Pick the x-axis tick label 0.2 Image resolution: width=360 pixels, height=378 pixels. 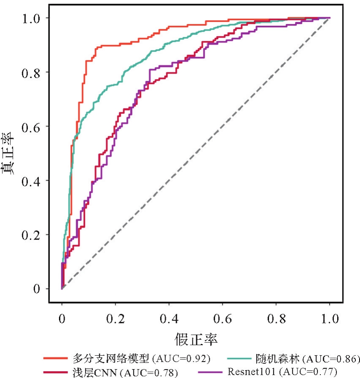(115, 319)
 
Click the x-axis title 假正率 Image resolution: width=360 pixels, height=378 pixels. (196, 338)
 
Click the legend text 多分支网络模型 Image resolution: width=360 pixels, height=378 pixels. (109, 359)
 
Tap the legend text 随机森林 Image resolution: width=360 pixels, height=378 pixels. (277, 359)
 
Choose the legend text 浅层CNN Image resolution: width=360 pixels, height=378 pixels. (89, 372)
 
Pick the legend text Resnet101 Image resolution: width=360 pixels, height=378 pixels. (252, 372)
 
